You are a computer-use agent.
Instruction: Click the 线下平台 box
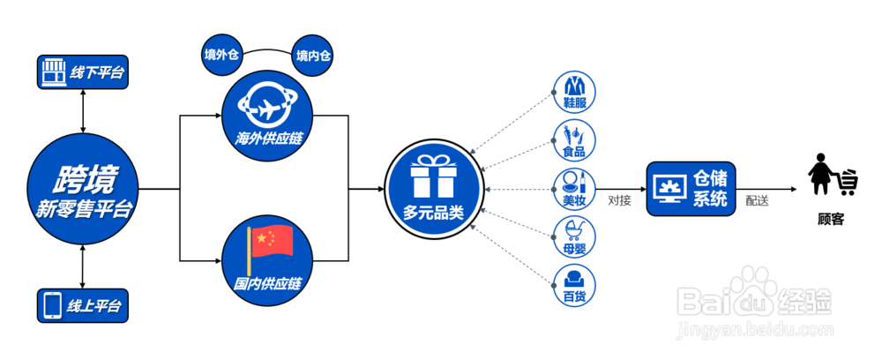point(83,72)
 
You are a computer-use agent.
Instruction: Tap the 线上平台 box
point(83,305)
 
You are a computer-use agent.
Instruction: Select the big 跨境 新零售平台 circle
point(83,189)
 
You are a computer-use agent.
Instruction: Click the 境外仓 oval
point(222,56)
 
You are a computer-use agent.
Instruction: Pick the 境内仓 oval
point(314,56)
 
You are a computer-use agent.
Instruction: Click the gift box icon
point(433,176)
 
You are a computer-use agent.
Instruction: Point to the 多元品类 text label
point(433,213)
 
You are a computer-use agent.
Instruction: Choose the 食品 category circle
point(575,139)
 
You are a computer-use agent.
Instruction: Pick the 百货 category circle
point(575,284)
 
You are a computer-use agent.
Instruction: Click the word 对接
point(619,200)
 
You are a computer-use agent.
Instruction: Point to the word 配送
point(757,201)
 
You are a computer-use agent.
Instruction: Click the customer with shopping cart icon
point(831,176)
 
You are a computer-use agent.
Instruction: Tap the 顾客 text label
point(831,218)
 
